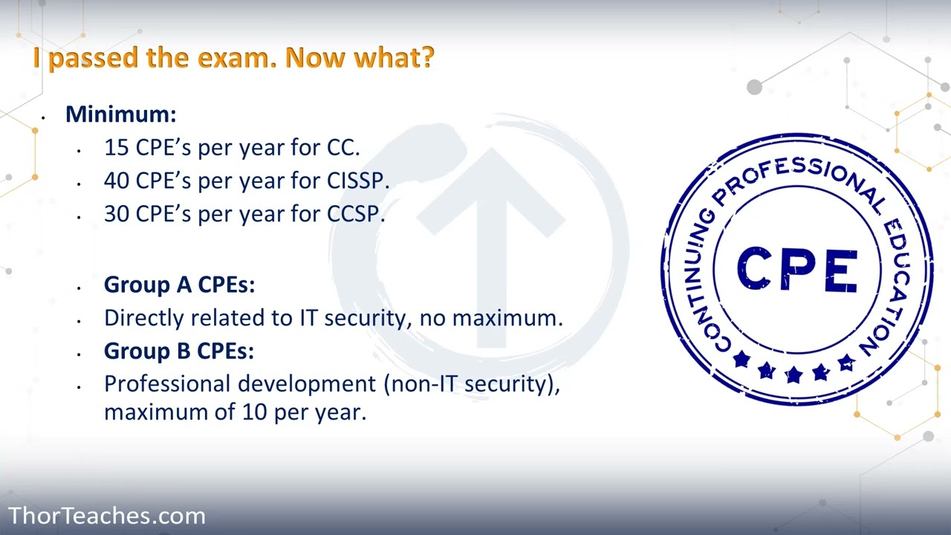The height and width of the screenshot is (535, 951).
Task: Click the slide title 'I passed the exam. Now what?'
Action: click(x=233, y=58)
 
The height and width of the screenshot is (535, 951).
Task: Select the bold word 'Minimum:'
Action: click(x=120, y=114)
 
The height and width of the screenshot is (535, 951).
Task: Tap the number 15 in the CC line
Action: click(x=117, y=147)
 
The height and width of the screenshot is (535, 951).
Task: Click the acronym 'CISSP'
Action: click(x=356, y=181)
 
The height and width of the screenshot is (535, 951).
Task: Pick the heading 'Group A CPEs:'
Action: click(x=179, y=285)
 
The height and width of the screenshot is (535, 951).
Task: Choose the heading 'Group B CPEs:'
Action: click(x=179, y=351)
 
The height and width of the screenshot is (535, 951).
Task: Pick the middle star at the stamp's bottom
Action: click(x=793, y=374)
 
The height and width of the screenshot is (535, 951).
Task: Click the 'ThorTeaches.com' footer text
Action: click(x=106, y=516)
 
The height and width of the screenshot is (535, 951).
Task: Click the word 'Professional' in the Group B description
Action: click(x=167, y=384)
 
